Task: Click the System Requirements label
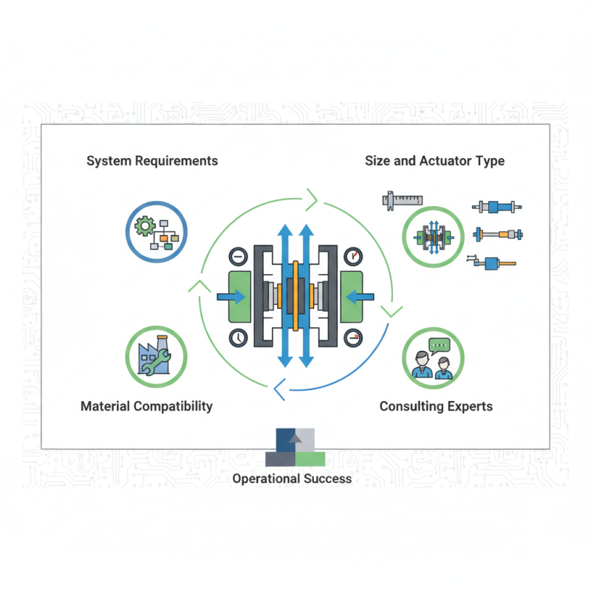[x=152, y=160]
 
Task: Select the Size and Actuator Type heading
[x=434, y=160]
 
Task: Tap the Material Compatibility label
[x=146, y=406]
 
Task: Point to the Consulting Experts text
[x=436, y=406]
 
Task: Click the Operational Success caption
[x=292, y=478]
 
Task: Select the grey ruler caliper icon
[x=402, y=199]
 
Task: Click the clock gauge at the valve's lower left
[x=238, y=337]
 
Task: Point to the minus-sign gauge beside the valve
[x=238, y=256]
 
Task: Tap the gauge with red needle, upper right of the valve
[x=353, y=256]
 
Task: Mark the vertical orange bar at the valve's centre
[x=295, y=295]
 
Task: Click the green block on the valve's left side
[x=240, y=296]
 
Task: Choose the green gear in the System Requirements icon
[x=146, y=222]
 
